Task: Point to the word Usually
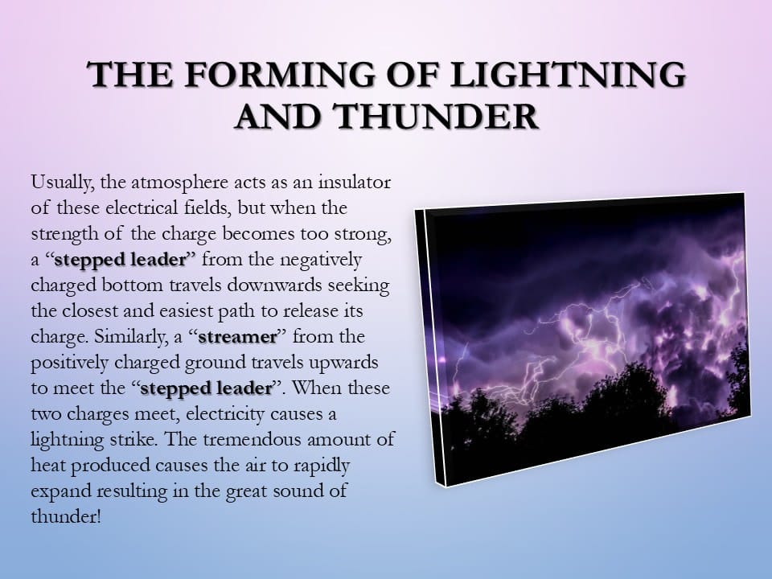pyautogui.click(x=62, y=183)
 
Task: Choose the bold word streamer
pyautogui.click(x=238, y=337)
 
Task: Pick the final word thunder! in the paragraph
pyautogui.click(x=65, y=516)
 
